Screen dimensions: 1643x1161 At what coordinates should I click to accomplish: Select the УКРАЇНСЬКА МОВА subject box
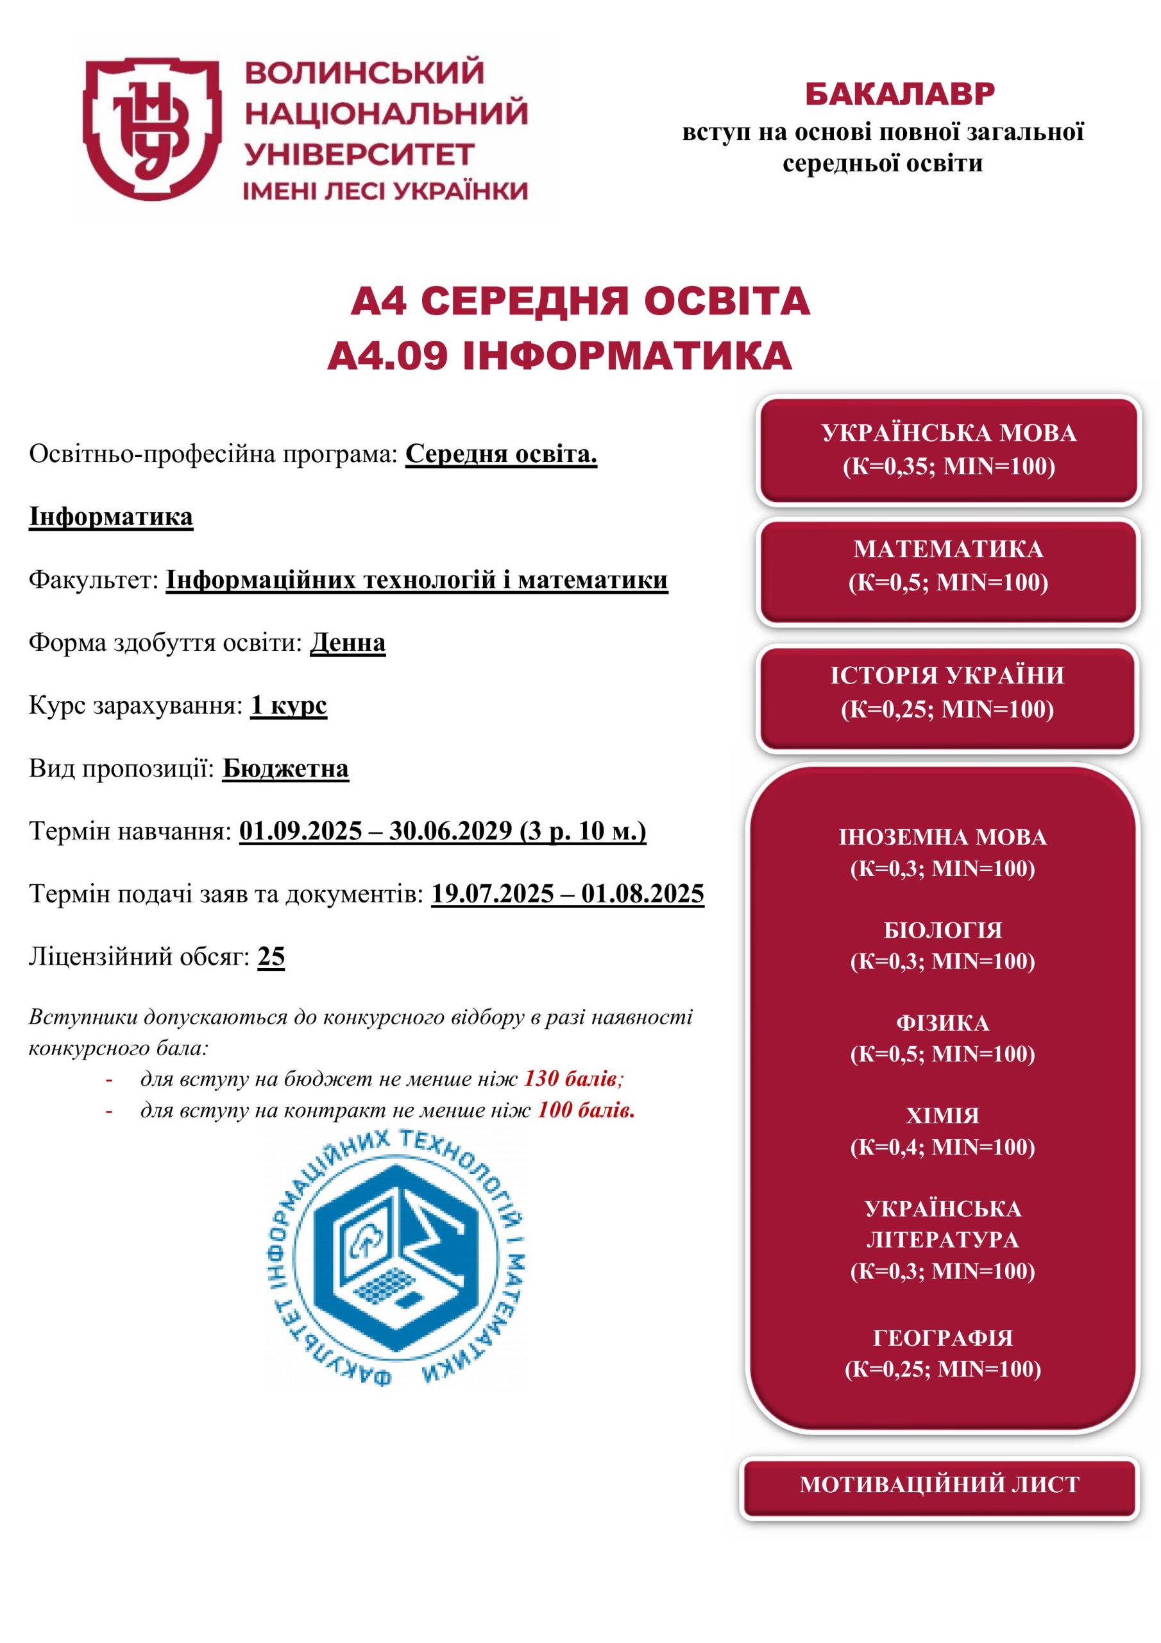[949, 449]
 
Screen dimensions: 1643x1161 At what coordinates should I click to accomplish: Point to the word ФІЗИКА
[942, 1022]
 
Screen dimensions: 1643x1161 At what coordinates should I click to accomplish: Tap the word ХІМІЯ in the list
[942, 1115]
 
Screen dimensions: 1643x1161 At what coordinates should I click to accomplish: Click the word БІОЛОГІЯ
[942, 929]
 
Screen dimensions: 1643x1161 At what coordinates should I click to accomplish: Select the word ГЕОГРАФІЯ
[942, 1338]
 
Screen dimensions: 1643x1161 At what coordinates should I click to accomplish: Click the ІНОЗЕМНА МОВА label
[942, 836]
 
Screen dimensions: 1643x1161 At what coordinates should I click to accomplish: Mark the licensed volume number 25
[271, 956]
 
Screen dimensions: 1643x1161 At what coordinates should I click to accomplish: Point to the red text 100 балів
[585, 1110]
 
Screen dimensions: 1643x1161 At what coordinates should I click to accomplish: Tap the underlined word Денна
[348, 642]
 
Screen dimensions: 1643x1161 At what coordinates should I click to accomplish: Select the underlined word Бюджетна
[285, 768]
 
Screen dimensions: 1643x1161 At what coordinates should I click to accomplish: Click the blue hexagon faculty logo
[398, 1255]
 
